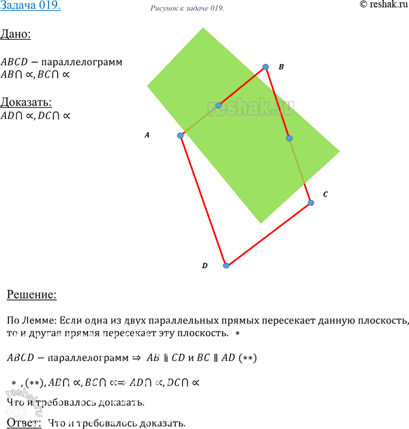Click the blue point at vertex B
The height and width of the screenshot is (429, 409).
coord(265,67)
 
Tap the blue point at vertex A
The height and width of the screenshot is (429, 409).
coord(181,135)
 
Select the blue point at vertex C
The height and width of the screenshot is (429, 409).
coord(311,203)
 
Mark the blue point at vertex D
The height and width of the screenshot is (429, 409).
coord(226,265)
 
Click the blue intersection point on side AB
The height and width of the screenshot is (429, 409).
coord(218,105)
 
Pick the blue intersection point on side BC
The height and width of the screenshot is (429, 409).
coord(289,139)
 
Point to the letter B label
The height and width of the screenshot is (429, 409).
coord(281,67)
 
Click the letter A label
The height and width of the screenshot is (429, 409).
coord(147,136)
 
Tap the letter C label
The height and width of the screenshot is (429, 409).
coord(325,194)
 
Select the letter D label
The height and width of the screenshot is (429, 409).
coord(205,266)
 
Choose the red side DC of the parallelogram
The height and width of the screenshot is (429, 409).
coord(269,234)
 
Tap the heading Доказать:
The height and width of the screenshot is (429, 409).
coord(26,101)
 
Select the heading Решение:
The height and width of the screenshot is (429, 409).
coord(31,295)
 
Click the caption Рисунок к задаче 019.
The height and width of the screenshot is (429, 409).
coord(185,9)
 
